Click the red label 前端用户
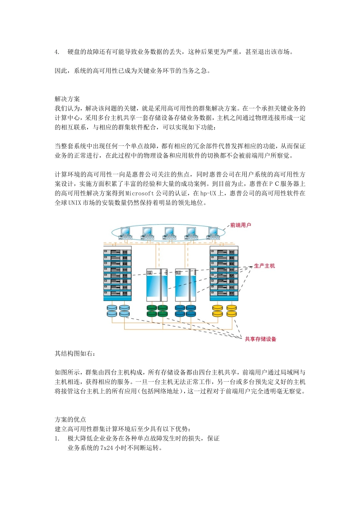click(241, 225)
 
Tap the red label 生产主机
click(264, 266)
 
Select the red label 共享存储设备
click(260, 339)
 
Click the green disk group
click(157, 311)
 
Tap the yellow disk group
click(224, 311)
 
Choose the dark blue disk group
click(185, 311)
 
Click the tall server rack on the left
click(117, 273)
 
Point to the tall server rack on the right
click(224, 273)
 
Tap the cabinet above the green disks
click(157, 285)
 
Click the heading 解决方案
click(67, 99)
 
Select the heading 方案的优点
click(70, 420)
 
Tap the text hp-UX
click(209, 194)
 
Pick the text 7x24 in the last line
click(106, 448)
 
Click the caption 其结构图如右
click(75, 354)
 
